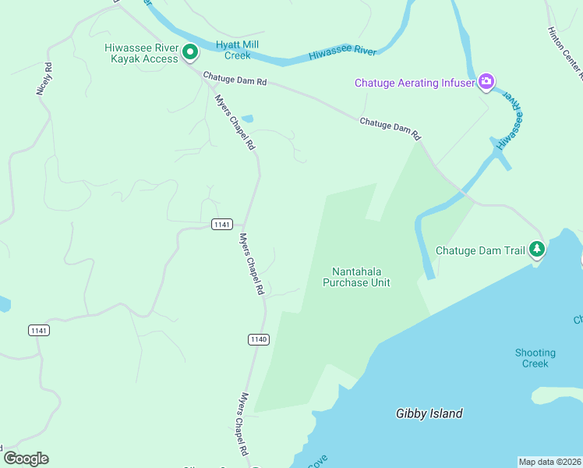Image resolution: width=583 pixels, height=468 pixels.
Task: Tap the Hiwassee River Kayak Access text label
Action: click(x=141, y=53)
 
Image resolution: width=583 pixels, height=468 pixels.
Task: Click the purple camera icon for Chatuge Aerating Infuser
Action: click(x=486, y=82)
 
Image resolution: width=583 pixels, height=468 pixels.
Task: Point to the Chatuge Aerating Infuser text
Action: click(x=415, y=83)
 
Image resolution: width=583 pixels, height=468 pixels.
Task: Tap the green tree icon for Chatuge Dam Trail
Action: click(x=536, y=250)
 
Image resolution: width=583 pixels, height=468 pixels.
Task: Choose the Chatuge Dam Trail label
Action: click(x=479, y=250)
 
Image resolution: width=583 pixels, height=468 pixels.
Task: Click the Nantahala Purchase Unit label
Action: click(x=356, y=277)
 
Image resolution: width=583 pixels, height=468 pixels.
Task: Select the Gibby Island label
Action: click(x=429, y=414)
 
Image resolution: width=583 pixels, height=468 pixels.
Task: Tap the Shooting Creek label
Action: click(x=535, y=358)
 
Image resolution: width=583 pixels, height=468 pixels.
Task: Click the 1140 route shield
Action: click(x=259, y=339)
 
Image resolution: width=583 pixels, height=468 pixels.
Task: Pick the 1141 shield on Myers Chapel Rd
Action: click(x=221, y=225)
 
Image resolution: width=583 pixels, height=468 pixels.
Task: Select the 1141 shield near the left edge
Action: click(x=39, y=331)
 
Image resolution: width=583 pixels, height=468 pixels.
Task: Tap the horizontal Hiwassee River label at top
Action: click(x=342, y=52)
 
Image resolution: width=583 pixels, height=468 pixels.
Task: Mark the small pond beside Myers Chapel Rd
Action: click(x=247, y=119)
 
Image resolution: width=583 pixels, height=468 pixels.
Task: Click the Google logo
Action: click(x=26, y=459)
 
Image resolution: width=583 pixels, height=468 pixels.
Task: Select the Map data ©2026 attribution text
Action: click(x=549, y=462)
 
